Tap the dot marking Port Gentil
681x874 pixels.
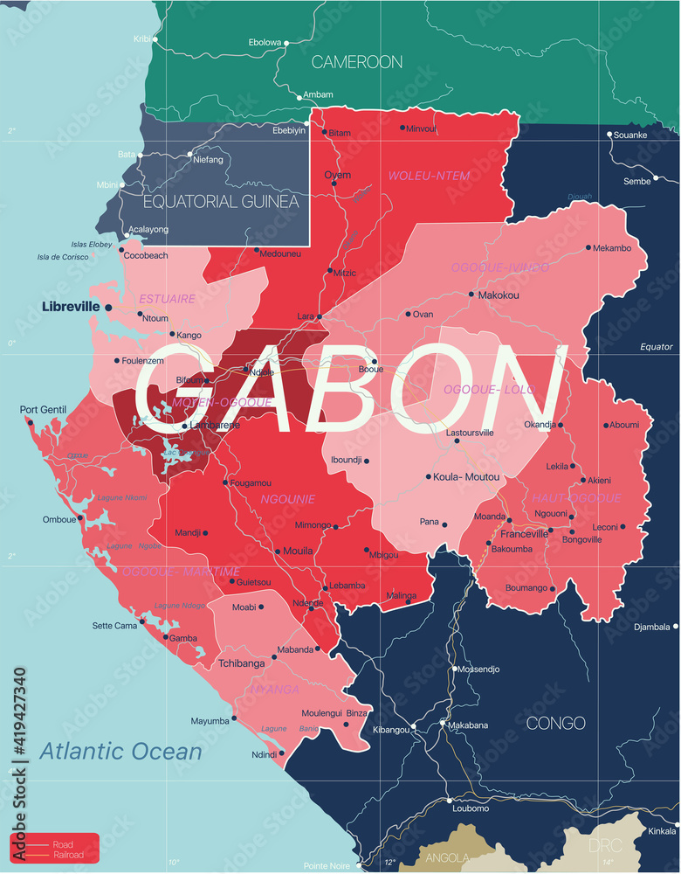pyautogui.click(x=30, y=424)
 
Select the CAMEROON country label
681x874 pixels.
pyautogui.click(x=357, y=62)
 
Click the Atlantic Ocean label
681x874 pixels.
pyautogui.click(x=120, y=750)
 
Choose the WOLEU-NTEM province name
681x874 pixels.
pyautogui.click(x=429, y=176)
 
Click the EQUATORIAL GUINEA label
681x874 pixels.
pyautogui.click(x=221, y=202)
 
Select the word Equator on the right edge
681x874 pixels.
pyautogui.click(x=657, y=347)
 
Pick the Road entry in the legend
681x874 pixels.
pyautogui.click(x=63, y=844)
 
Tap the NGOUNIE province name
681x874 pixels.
pyautogui.click(x=287, y=499)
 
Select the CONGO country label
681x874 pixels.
pyautogui.click(x=556, y=723)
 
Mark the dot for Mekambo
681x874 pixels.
pyautogui.click(x=588, y=247)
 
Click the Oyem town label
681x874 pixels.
pyautogui.click(x=338, y=175)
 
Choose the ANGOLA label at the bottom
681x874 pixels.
pyautogui.click(x=445, y=859)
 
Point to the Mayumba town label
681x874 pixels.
pyautogui.click(x=210, y=721)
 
